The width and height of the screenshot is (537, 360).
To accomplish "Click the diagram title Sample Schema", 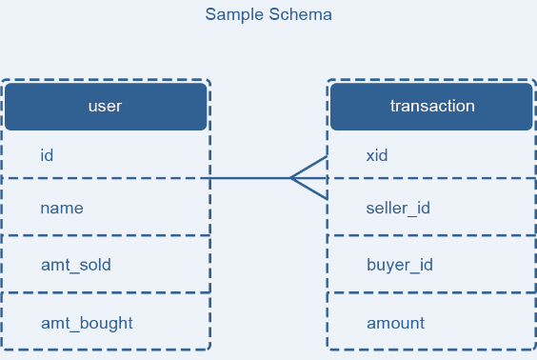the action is coord(268,14).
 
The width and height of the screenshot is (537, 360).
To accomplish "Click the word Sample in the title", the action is coord(235,15).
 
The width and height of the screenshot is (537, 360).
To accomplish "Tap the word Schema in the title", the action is coord(300,14).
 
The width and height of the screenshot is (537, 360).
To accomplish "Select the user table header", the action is coord(106,107).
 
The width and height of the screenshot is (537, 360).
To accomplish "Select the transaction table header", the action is coord(431,107).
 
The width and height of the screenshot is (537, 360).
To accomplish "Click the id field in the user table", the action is coord(47,155).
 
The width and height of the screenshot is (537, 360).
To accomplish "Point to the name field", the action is coord(62,209).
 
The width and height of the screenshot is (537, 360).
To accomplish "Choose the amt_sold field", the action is coord(76,265).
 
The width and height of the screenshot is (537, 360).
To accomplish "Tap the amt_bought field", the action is coord(87,324).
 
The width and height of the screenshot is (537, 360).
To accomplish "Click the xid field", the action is coord(377,155).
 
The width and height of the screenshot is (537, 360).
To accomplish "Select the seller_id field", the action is coord(398,209).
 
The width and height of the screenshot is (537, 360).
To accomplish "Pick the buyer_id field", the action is coord(400,265).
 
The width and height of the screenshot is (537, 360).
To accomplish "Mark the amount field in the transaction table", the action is coord(395,324).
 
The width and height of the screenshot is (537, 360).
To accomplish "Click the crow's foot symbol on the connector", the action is coord(308,178).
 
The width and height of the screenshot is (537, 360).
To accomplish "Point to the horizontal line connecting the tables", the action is coord(264,178).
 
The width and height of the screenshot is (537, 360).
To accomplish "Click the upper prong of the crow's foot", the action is coord(308,168).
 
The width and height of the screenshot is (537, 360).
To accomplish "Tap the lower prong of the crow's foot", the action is coord(308,189).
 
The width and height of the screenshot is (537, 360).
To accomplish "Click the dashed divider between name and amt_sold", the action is coord(106,235).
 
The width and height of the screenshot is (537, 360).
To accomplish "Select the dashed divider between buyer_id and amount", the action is coord(431,292).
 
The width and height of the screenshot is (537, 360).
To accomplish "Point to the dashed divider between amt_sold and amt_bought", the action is coord(106,292).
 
